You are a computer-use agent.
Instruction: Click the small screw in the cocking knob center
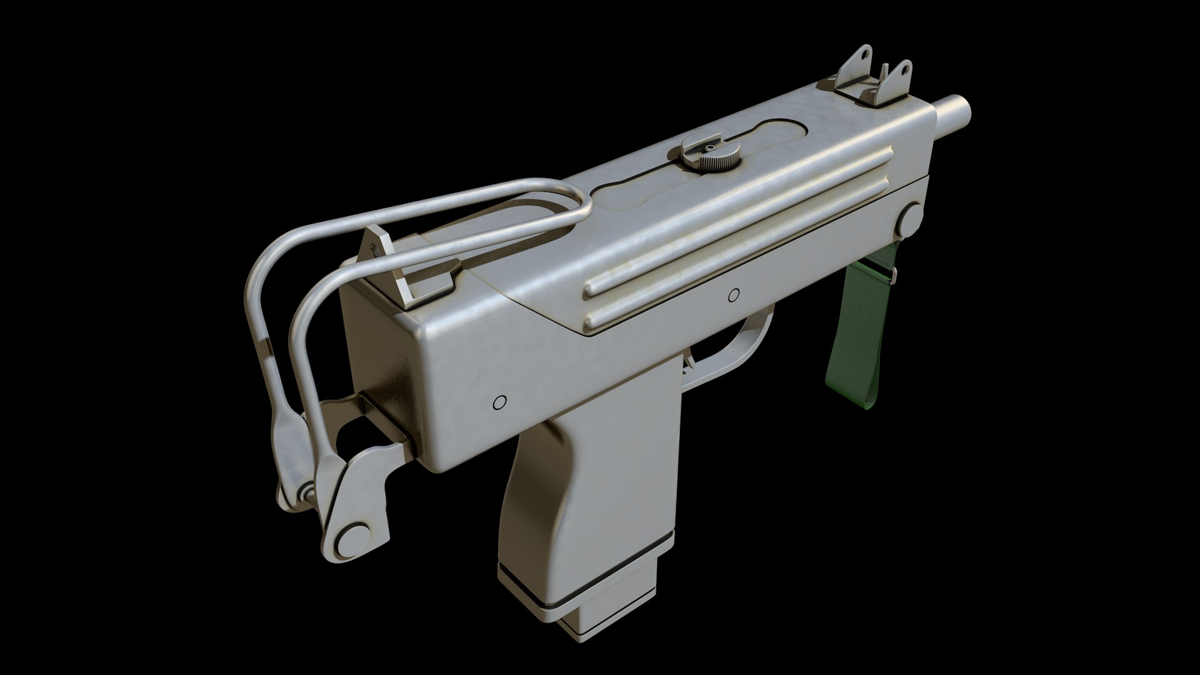pyautogui.click(x=709, y=147)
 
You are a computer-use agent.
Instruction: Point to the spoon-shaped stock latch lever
pyautogui.click(x=281, y=431)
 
